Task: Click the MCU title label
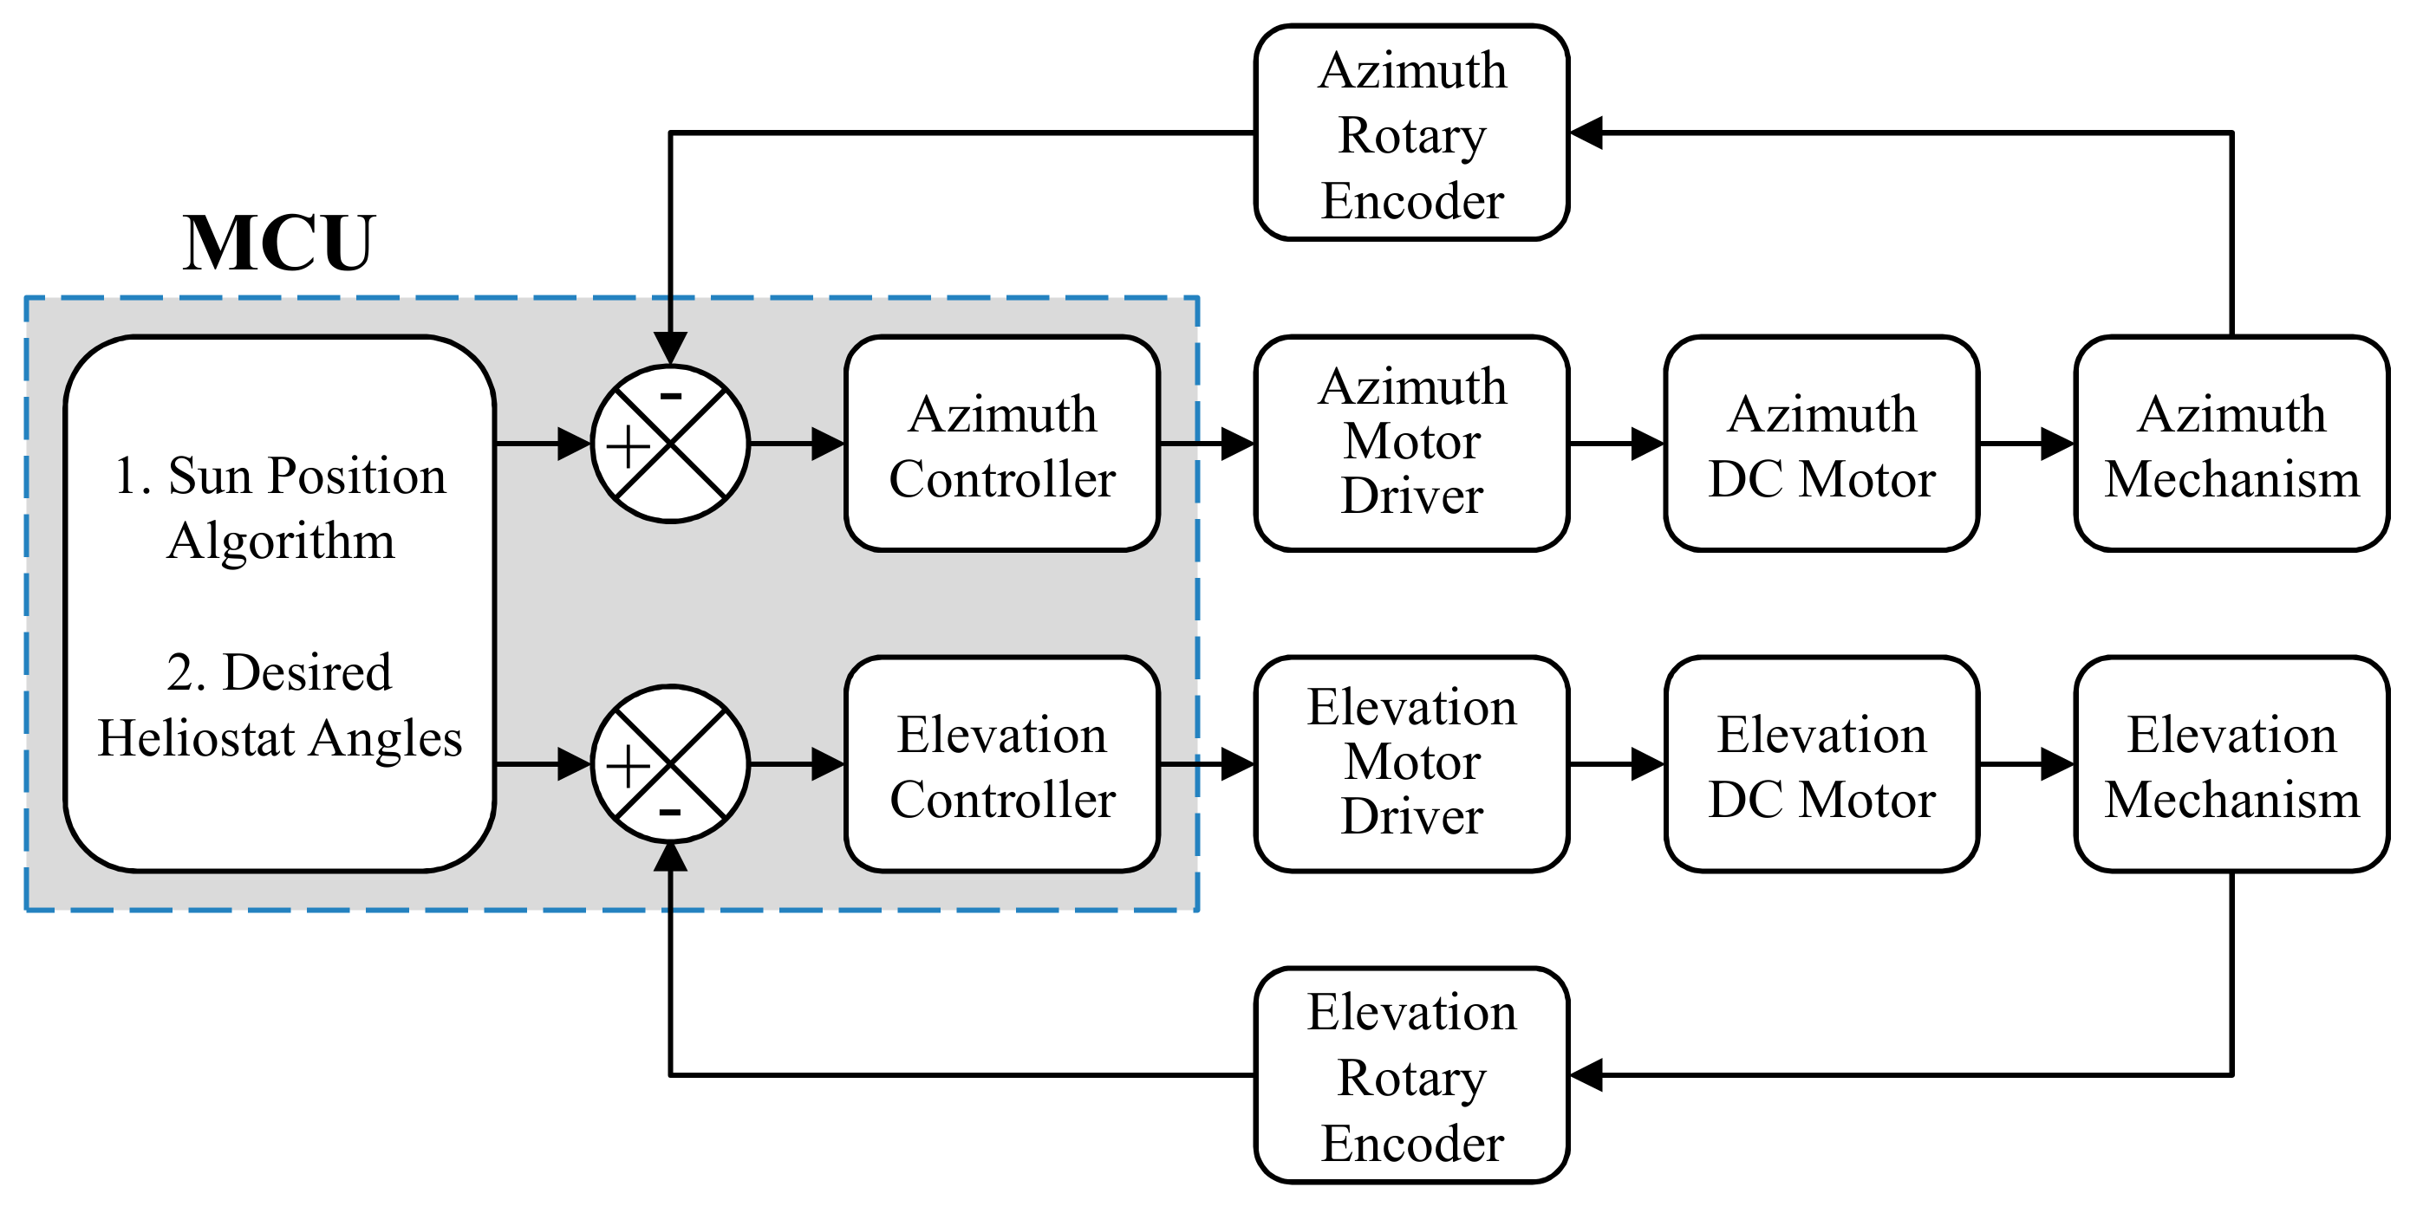[279, 243]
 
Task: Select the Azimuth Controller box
[1002, 444]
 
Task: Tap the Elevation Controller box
[1002, 765]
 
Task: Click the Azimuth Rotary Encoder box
[1410, 133]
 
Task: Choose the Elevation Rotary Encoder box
[1410, 1075]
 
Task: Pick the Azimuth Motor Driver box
[1410, 444]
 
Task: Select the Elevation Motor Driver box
[1410, 765]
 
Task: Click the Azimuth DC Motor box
[1821, 444]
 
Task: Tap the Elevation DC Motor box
[1821, 765]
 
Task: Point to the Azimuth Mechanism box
[2231, 444]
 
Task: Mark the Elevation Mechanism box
[2231, 765]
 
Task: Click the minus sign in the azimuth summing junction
[671, 397]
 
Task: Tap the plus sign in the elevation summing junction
[629, 767]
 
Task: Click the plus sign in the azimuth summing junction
[629, 446]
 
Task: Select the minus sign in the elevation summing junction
[670, 812]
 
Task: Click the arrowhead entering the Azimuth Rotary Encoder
[1586, 133]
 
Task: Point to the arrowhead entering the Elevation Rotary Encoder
[1586, 1075]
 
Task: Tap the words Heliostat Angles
[280, 738]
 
